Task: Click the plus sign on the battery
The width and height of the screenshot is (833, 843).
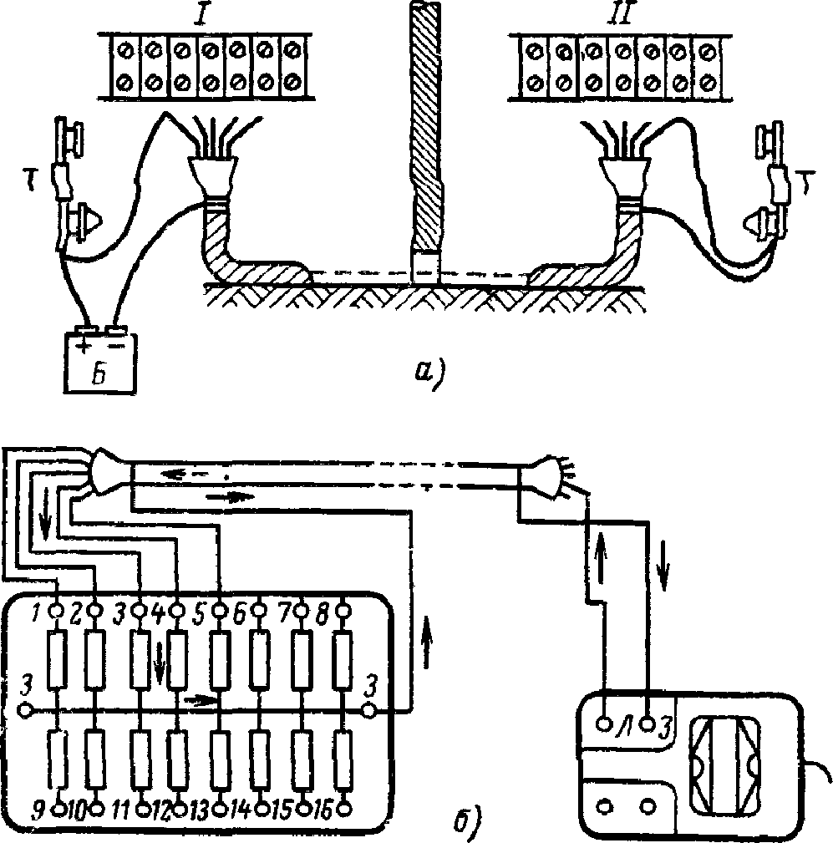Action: pos(84,347)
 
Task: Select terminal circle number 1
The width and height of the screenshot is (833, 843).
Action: pos(55,612)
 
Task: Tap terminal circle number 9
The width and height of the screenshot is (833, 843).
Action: pos(59,808)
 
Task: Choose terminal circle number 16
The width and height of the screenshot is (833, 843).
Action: pos(344,808)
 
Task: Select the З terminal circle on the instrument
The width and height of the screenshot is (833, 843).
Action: pos(649,724)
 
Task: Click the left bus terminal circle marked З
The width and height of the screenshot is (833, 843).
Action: pos(24,710)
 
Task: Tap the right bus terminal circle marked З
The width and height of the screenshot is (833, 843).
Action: pos(369,710)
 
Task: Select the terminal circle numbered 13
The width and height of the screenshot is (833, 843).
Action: pos(221,808)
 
